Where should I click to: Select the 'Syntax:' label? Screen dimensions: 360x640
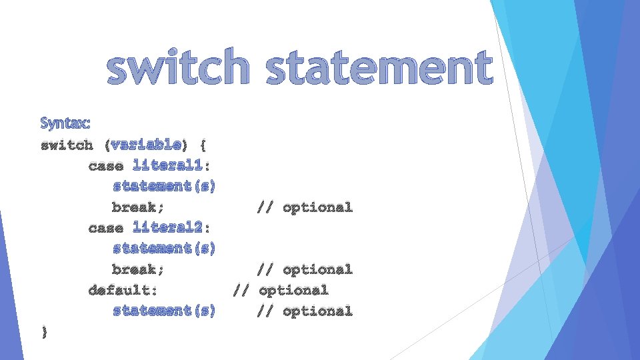click(x=66, y=123)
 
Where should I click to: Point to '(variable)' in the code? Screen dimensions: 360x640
click(x=146, y=145)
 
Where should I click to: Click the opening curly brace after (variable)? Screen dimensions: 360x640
click(x=203, y=145)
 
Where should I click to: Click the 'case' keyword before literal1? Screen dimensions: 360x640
click(x=105, y=166)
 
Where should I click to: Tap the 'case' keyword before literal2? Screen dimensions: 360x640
click(x=105, y=229)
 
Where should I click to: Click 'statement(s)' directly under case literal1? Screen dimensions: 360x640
click(x=164, y=187)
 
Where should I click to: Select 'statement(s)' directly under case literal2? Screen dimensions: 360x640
click(x=164, y=249)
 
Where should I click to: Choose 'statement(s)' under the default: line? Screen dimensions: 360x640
click(x=164, y=311)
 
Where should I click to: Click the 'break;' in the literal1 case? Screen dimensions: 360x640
click(x=138, y=207)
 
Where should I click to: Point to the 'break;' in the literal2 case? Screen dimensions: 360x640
click(x=138, y=270)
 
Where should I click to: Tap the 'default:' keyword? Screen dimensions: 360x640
click(x=123, y=291)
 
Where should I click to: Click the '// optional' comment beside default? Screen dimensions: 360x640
click(x=280, y=291)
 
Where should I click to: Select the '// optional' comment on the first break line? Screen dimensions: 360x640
click(x=305, y=207)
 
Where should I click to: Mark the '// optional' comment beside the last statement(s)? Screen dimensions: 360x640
click(x=305, y=311)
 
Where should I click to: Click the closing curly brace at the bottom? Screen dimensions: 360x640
click(x=44, y=331)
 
